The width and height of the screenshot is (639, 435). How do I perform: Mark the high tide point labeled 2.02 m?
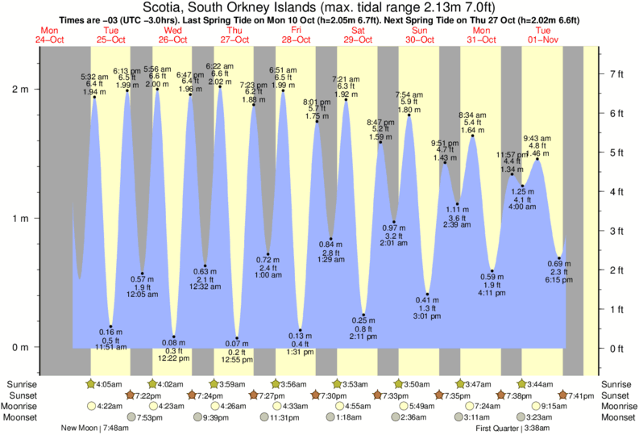pyautogui.click(x=220, y=87)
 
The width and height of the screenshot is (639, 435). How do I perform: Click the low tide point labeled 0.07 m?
pyautogui.click(x=237, y=338)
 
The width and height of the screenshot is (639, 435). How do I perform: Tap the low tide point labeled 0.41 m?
pyautogui.click(x=427, y=295)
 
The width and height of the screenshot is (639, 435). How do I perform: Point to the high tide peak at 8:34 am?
pyautogui.click(x=473, y=136)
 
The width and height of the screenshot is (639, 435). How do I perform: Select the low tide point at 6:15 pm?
pyautogui.click(x=559, y=258)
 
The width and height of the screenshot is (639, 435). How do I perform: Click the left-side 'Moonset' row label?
pyautogui.click(x=24, y=417)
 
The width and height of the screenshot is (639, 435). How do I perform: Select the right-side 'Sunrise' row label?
pyautogui.click(x=616, y=383)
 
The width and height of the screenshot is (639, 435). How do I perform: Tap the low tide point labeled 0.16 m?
pyautogui.click(x=110, y=326)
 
